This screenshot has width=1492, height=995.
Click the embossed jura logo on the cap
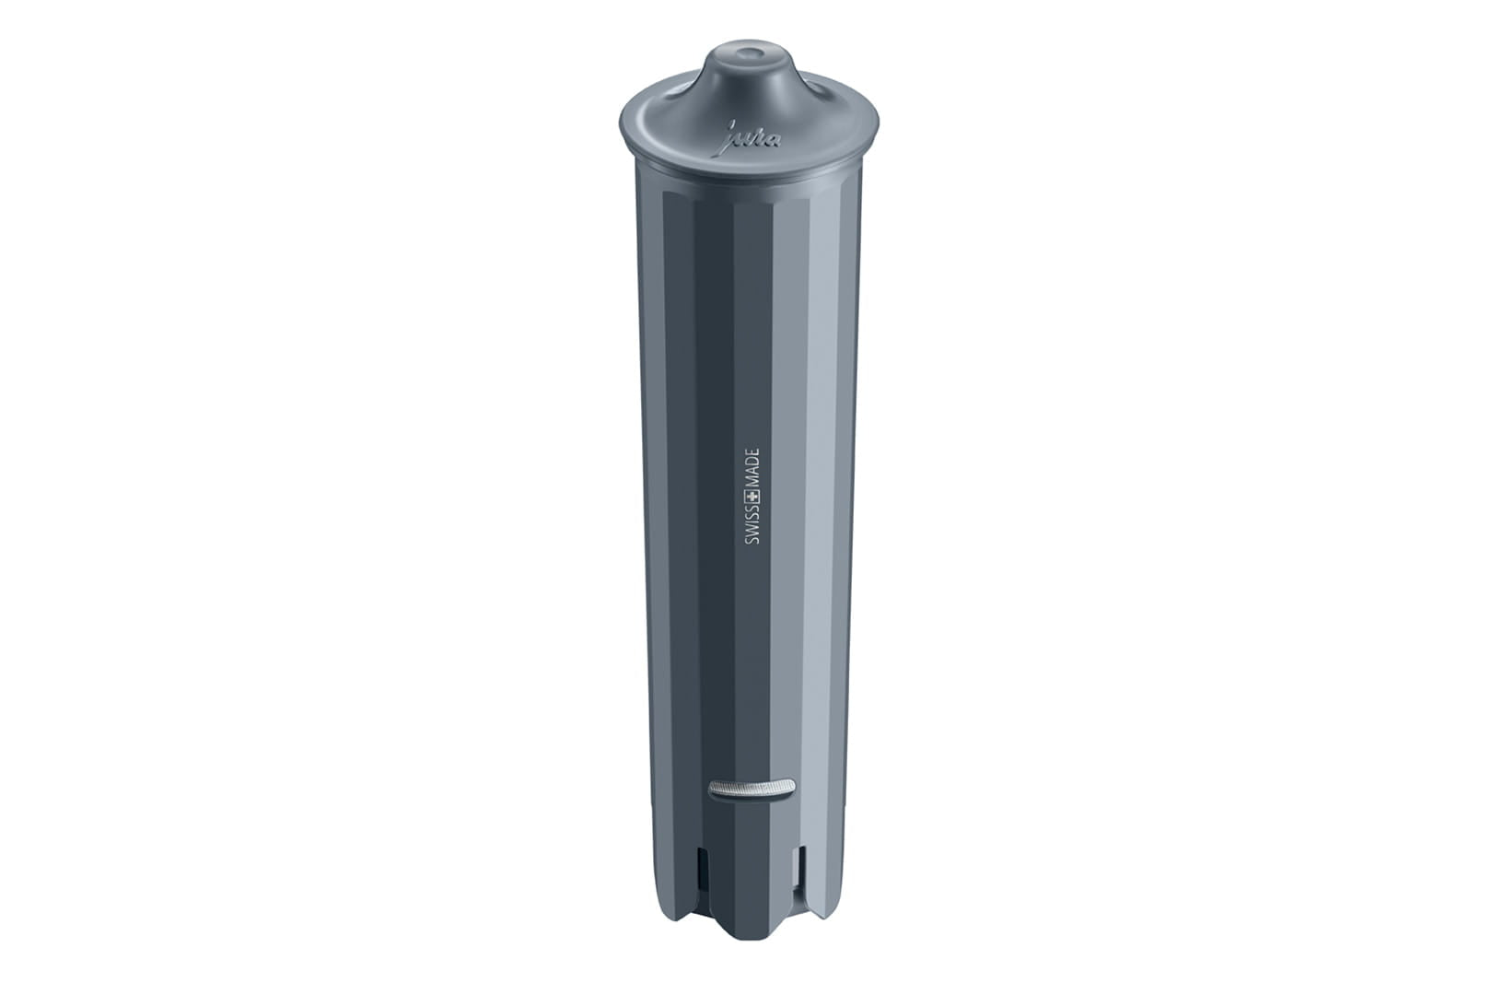click(752, 138)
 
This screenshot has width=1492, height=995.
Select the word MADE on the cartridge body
click(752, 468)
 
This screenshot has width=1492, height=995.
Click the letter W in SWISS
click(752, 537)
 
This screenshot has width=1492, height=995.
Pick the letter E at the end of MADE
click(752, 452)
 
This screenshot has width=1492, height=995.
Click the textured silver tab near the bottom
click(752, 788)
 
